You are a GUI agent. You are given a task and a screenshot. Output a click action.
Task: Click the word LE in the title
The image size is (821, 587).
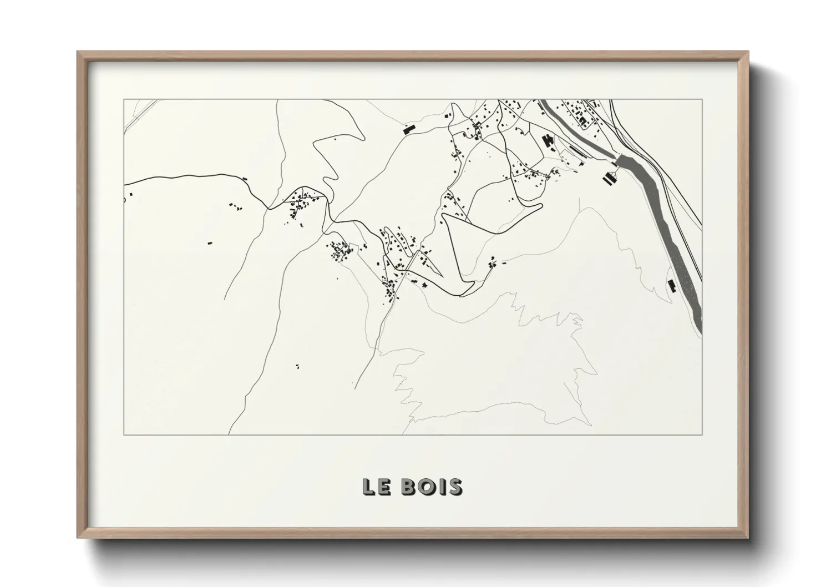point(377,487)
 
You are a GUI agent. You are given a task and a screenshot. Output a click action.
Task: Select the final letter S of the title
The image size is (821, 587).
point(455,487)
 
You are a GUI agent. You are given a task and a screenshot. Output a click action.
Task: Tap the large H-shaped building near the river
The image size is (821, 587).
point(549,141)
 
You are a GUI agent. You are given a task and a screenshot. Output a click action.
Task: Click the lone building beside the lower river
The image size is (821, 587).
point(672,286)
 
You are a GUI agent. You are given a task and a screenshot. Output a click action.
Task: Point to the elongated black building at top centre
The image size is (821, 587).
point(409,129)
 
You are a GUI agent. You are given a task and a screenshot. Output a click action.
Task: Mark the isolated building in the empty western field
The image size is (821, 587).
point(210,242)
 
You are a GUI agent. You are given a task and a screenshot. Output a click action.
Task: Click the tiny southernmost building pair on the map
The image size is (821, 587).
point(297,366)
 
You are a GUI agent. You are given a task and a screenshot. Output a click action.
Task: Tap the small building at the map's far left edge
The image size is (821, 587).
point(131,194)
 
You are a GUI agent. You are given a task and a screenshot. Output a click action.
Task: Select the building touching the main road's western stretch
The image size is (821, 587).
point(244,178)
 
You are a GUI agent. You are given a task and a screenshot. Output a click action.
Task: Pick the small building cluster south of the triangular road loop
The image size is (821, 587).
point(491,262)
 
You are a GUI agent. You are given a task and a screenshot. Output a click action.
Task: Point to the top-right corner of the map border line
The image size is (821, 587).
point(702,99)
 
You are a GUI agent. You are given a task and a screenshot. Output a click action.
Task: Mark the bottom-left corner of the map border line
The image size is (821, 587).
point(124,434)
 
